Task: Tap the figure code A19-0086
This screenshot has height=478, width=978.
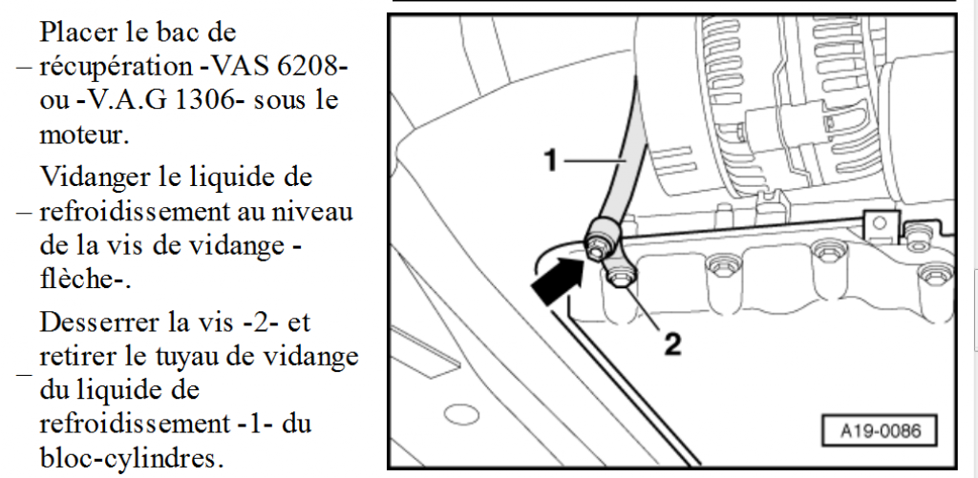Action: tap(880, 430)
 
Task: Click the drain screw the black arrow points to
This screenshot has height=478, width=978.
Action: tap(596, 249)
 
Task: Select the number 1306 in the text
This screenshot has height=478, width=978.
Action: tap(209, 100)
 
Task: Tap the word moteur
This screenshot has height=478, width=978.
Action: tap(85, 135)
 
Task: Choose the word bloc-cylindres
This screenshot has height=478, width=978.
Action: tap(131, 459)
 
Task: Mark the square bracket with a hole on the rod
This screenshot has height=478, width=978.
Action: tap(881, 224)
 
